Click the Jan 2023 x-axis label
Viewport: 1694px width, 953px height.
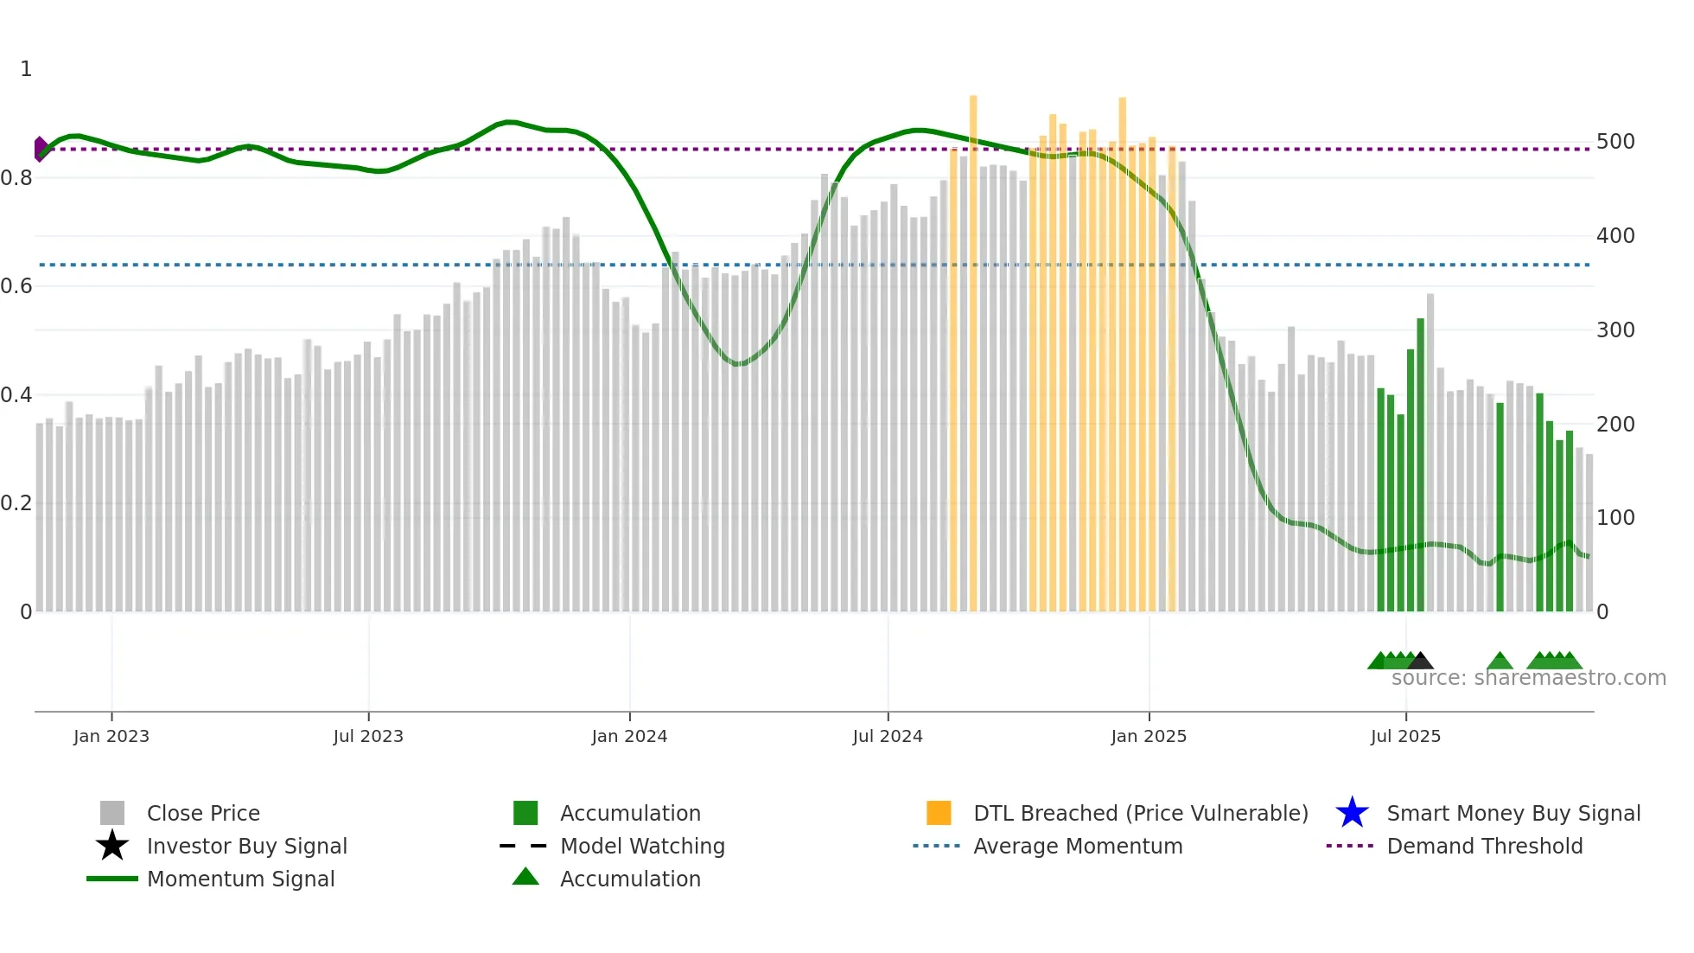tap(111, 737)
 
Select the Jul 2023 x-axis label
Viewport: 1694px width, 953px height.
tap(368, 737)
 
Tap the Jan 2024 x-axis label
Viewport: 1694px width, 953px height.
tap(629, 737)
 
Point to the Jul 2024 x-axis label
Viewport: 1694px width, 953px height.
tap(888, 737)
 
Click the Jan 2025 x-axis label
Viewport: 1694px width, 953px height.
tap(1149, 737)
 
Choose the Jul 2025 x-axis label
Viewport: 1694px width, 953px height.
tap(1405, 737)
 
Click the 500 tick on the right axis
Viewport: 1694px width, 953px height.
tap(1615, 142)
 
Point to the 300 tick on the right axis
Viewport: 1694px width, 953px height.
tap(1615, 330)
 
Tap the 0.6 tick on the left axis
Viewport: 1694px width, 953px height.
tap(16, 286)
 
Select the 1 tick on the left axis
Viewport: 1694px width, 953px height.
tap(26, 69)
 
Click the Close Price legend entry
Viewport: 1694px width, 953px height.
tap(203, 814)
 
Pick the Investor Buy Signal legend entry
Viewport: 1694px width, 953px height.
tap(246, 847)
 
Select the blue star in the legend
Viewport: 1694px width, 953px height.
tap(1352, 813)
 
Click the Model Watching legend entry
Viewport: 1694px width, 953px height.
tap(642, 847)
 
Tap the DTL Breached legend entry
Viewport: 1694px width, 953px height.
tap(1140, 814)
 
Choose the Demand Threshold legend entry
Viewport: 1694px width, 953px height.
tap(1484, 847)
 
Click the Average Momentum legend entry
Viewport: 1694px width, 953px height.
tap(1078, 847)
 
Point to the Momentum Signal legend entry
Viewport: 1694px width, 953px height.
tap(240, 879)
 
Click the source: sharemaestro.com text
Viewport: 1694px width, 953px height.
tap(1528, 678)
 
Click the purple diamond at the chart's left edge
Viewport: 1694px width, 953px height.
tap(41, 149)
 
